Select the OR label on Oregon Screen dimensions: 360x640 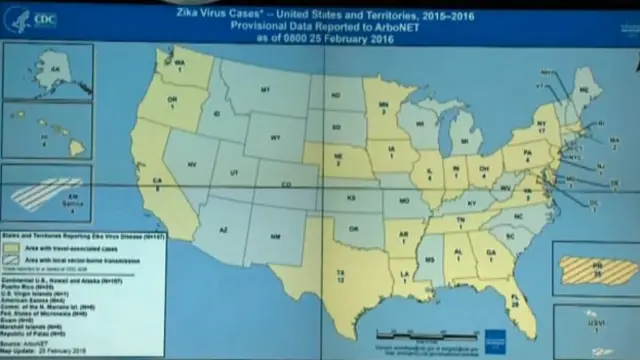[172, 102]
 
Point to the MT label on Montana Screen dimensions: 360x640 [266, 90]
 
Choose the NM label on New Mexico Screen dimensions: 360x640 [276, 236]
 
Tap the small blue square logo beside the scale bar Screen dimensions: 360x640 [495, 336]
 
